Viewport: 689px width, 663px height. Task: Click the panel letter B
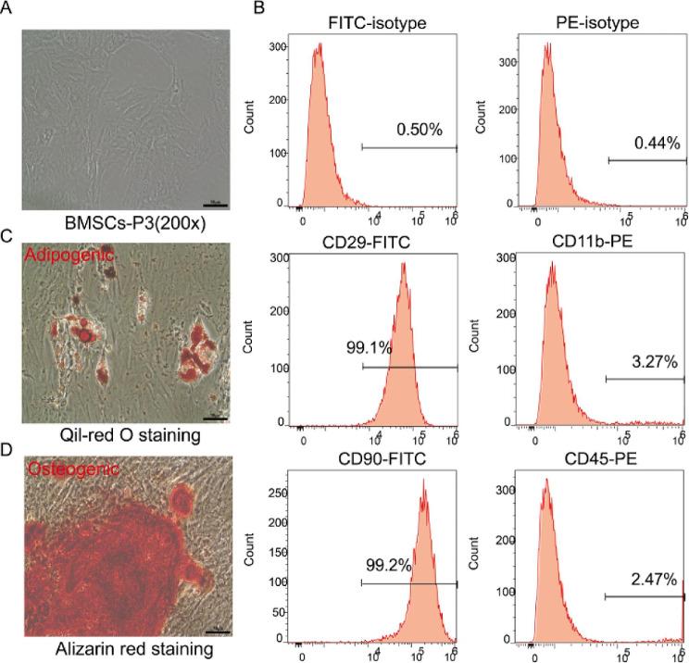[234, 9]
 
